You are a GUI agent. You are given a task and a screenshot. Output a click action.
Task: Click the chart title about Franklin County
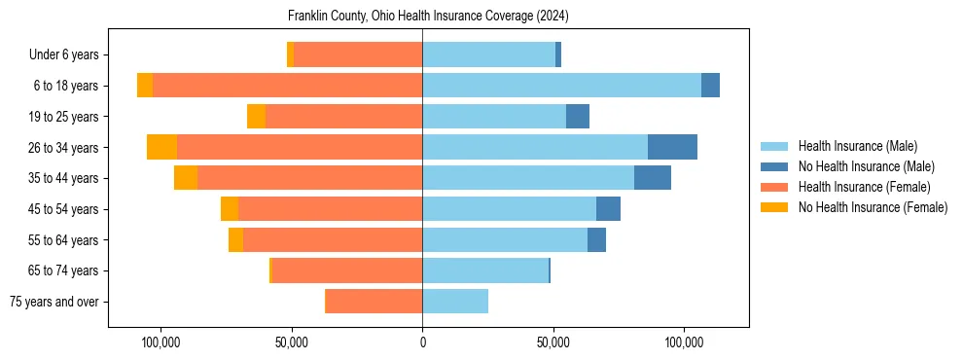428,17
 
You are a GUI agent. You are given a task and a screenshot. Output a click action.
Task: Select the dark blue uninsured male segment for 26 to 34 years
672,147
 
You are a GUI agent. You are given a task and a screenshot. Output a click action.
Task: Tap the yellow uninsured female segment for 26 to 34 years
161,147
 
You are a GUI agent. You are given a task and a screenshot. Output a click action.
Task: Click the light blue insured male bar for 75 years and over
455,302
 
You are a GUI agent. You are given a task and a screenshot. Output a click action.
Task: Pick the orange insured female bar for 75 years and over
374,302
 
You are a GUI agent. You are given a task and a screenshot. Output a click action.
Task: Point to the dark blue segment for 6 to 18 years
710,86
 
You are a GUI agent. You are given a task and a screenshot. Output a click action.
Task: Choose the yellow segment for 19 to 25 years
256,117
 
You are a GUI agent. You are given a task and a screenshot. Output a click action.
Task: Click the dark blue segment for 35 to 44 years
653,178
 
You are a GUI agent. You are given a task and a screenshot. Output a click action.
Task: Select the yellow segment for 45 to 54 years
230,209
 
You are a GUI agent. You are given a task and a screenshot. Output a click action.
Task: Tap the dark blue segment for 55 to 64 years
596,239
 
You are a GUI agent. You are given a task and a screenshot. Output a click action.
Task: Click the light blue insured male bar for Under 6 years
488,54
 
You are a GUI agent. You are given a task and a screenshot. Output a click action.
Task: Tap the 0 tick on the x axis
422,342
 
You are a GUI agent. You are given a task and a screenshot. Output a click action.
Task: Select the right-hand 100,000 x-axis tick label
684,342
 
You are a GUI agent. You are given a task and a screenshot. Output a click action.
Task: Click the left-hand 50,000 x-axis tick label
292,342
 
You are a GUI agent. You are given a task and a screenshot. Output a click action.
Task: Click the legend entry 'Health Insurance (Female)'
864,187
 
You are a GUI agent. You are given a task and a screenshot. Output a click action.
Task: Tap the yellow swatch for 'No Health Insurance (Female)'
774,207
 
